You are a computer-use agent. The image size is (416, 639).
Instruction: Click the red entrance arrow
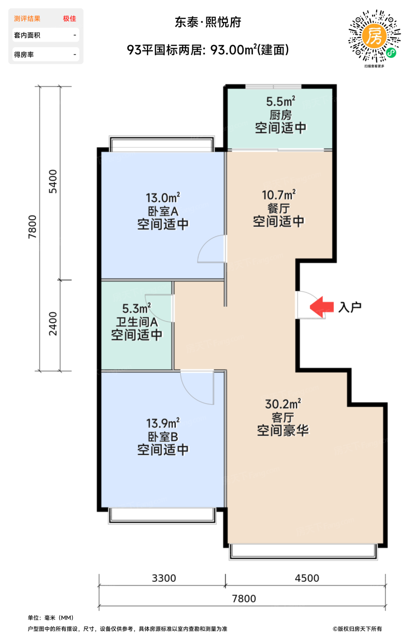tap(321, 307)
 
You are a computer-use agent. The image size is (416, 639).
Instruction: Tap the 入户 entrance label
tap(350, 307)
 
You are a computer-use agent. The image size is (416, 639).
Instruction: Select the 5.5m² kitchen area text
tap(280, 101)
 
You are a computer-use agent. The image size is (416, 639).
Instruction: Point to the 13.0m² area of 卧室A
tap(163, 198)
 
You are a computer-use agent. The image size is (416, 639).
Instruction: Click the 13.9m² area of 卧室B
tap(163, 424)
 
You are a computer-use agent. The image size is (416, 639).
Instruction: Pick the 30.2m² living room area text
tap(283, 404)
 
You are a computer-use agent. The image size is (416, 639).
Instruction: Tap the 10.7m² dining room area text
tap(279, 195)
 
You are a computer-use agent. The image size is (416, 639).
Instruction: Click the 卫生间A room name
tap(137, 322)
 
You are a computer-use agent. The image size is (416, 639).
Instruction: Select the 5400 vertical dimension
tap(53, 182)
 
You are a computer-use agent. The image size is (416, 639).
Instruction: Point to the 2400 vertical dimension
tap(53, 324)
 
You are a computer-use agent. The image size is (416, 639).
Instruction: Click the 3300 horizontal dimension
tap(164, 578)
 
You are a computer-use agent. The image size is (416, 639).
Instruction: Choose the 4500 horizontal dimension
tap(307, 578)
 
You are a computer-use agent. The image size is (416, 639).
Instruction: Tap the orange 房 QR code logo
tap(374, 36)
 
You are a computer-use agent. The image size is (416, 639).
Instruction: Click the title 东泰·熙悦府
tap(208, 22)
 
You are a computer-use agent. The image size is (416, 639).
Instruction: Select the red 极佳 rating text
tap(69, 19)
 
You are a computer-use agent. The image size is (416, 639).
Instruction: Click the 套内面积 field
tap(46, 35)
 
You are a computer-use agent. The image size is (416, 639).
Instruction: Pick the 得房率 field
tap(46, 54)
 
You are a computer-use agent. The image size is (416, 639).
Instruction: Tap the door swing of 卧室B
tap(197, 388)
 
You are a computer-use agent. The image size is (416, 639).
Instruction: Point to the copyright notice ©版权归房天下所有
tap(357, 629)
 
